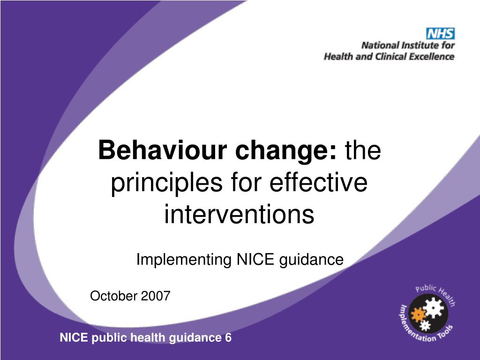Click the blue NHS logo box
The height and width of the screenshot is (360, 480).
(x=440, y=33)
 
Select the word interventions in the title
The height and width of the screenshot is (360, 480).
(x=239, y=215)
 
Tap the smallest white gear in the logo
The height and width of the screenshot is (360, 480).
(x=425, y=324)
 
